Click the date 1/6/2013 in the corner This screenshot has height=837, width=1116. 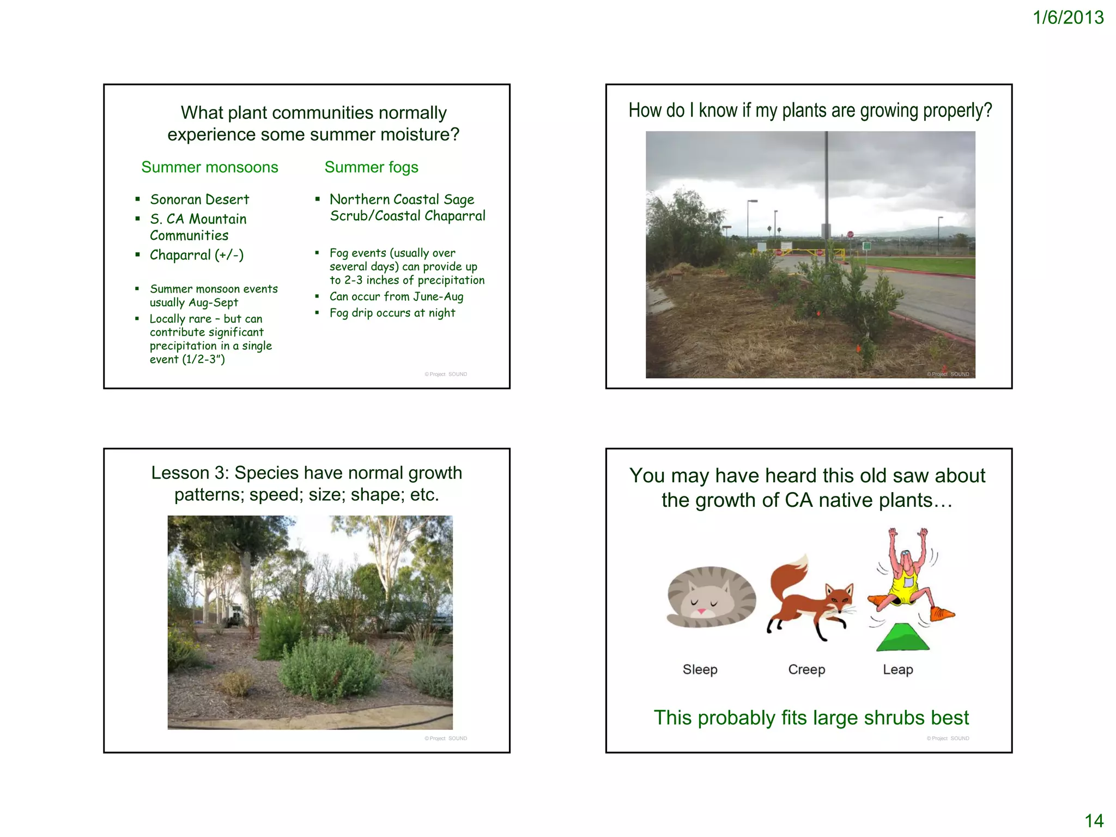pos(1068,17)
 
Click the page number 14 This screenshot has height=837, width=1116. pos(1094,820)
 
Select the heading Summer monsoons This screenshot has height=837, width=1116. pos(209,167)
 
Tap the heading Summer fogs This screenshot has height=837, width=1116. pos(371,167)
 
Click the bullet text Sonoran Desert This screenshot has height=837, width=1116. pos(199,199)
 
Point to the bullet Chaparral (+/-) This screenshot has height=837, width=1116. pos(197,255)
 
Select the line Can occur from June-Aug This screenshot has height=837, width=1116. pos(396,296)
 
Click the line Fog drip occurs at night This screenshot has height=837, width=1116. pos(392,313)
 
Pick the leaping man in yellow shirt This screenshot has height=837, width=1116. pos(907,578)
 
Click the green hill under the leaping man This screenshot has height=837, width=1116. pos(903,638)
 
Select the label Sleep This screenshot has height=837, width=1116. pos(700,669)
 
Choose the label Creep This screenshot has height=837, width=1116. pos(806,669)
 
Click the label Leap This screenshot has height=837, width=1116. pos(897,669)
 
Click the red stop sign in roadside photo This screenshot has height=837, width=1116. pos(850,234)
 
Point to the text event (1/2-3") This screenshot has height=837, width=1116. pos(187,360)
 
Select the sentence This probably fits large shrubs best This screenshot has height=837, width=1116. pos(811,718)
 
